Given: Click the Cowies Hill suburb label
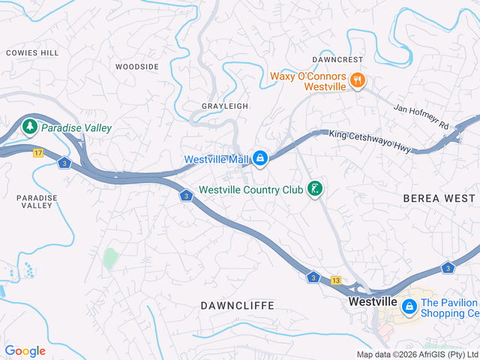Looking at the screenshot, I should click(x=32, y=53).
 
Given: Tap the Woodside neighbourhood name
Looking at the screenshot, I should click(x=137, y=67).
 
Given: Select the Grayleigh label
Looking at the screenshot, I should click(x=225, y=106).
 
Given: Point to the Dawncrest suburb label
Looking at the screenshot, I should click(x=337, y=59).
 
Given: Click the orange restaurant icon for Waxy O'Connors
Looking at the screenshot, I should click(x=357, y=80).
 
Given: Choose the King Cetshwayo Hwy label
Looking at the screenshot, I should click(x=370, y=142).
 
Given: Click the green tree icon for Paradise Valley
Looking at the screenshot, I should click(x=30, y=127).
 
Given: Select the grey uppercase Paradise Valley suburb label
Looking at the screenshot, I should click(x=37, y=201).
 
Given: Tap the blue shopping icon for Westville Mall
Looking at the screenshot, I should click(x=259, y=159).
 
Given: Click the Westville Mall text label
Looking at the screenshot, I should click(x=216, y=160).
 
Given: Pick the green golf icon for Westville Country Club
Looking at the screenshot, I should click(x=316, y=190).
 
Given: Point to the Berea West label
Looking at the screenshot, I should click(x=439, y=198).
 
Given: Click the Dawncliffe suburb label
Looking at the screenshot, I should click(x=238, y=306).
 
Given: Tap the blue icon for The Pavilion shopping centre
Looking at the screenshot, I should click(x=409, y=306).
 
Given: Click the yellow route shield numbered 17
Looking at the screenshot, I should click(x=37, y=153).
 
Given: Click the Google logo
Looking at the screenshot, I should click(x=25, y=351).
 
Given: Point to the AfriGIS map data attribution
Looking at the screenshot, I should click(x=417, y=355).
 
